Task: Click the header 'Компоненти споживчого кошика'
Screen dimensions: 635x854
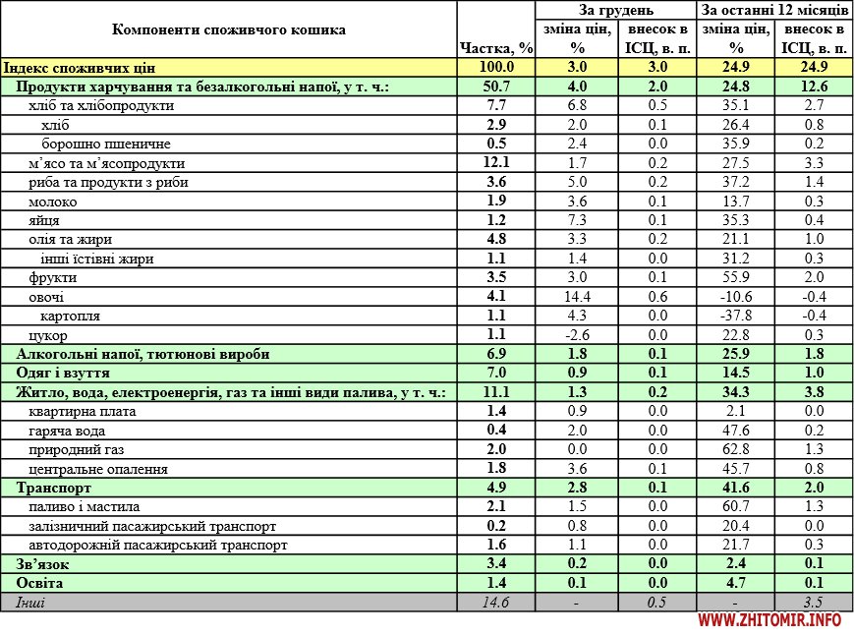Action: click(229, 29)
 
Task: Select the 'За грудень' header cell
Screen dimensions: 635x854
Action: click(616, 10)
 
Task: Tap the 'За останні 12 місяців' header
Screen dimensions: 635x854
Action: click(774, 10)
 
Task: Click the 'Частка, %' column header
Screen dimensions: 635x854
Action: click(496, 48)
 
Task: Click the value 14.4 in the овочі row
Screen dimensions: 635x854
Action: click(577, 297)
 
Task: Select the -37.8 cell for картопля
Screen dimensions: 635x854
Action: click(736, 316)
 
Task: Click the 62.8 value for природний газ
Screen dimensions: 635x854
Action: click(736, 449)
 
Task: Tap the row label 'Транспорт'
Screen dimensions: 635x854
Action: click(54, 488)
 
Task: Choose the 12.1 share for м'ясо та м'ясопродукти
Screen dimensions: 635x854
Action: click(496, 163)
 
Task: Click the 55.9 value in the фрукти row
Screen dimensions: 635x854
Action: click(736, 277)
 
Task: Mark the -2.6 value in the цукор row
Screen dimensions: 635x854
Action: click(577, 335)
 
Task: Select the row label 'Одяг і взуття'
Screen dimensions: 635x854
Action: click(63, 374)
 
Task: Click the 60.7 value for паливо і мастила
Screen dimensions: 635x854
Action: click(736, 506)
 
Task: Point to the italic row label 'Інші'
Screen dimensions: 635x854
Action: click(30, 602)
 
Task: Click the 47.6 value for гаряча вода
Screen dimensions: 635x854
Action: click(736, 431)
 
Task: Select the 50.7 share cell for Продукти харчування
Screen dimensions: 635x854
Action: click(496, 87)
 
